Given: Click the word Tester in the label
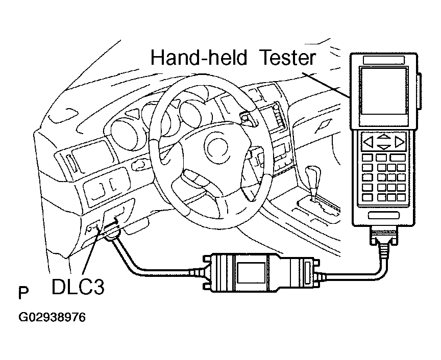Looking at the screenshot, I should (287, 58).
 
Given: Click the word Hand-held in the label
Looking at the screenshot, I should (198, 58).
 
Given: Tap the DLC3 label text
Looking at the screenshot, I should (78, 287).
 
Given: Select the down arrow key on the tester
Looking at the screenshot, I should (384, 147).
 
